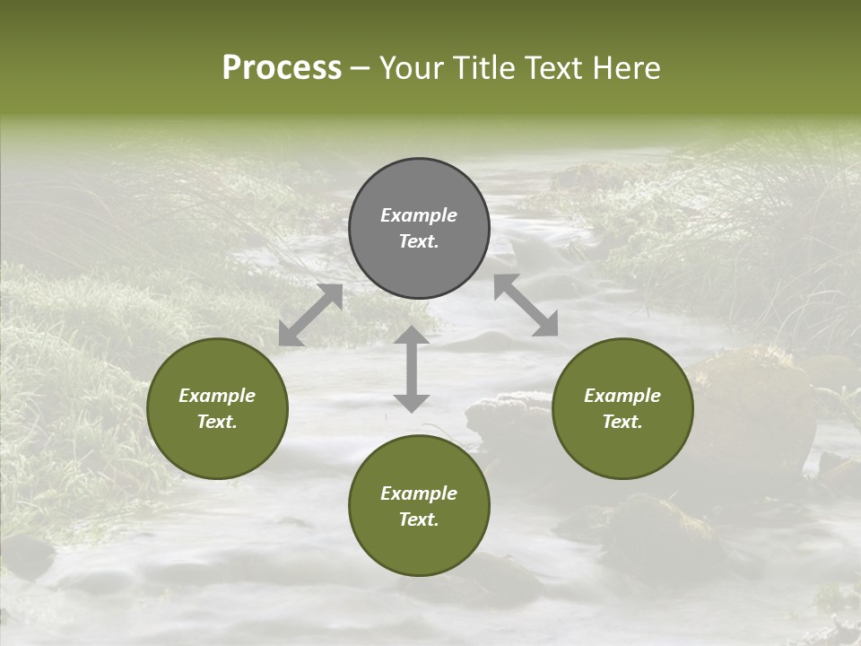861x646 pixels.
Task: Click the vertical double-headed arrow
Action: coord(412,369)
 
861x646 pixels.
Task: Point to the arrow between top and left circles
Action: coord(310,315)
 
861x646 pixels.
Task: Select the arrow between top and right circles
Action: coord(526,305)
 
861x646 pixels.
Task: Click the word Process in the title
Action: coord(282,68)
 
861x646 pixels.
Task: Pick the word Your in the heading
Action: coord(409,68)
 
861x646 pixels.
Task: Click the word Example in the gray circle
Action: coord(419,215)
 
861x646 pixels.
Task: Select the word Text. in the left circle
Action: coord(217,422)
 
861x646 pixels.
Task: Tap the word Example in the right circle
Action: coord(622,396)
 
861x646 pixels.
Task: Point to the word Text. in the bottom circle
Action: coord(419,519)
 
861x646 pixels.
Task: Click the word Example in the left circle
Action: coord(217,396)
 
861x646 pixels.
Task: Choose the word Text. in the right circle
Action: coord(622,422)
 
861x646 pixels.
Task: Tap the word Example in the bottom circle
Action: coord(419,493)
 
